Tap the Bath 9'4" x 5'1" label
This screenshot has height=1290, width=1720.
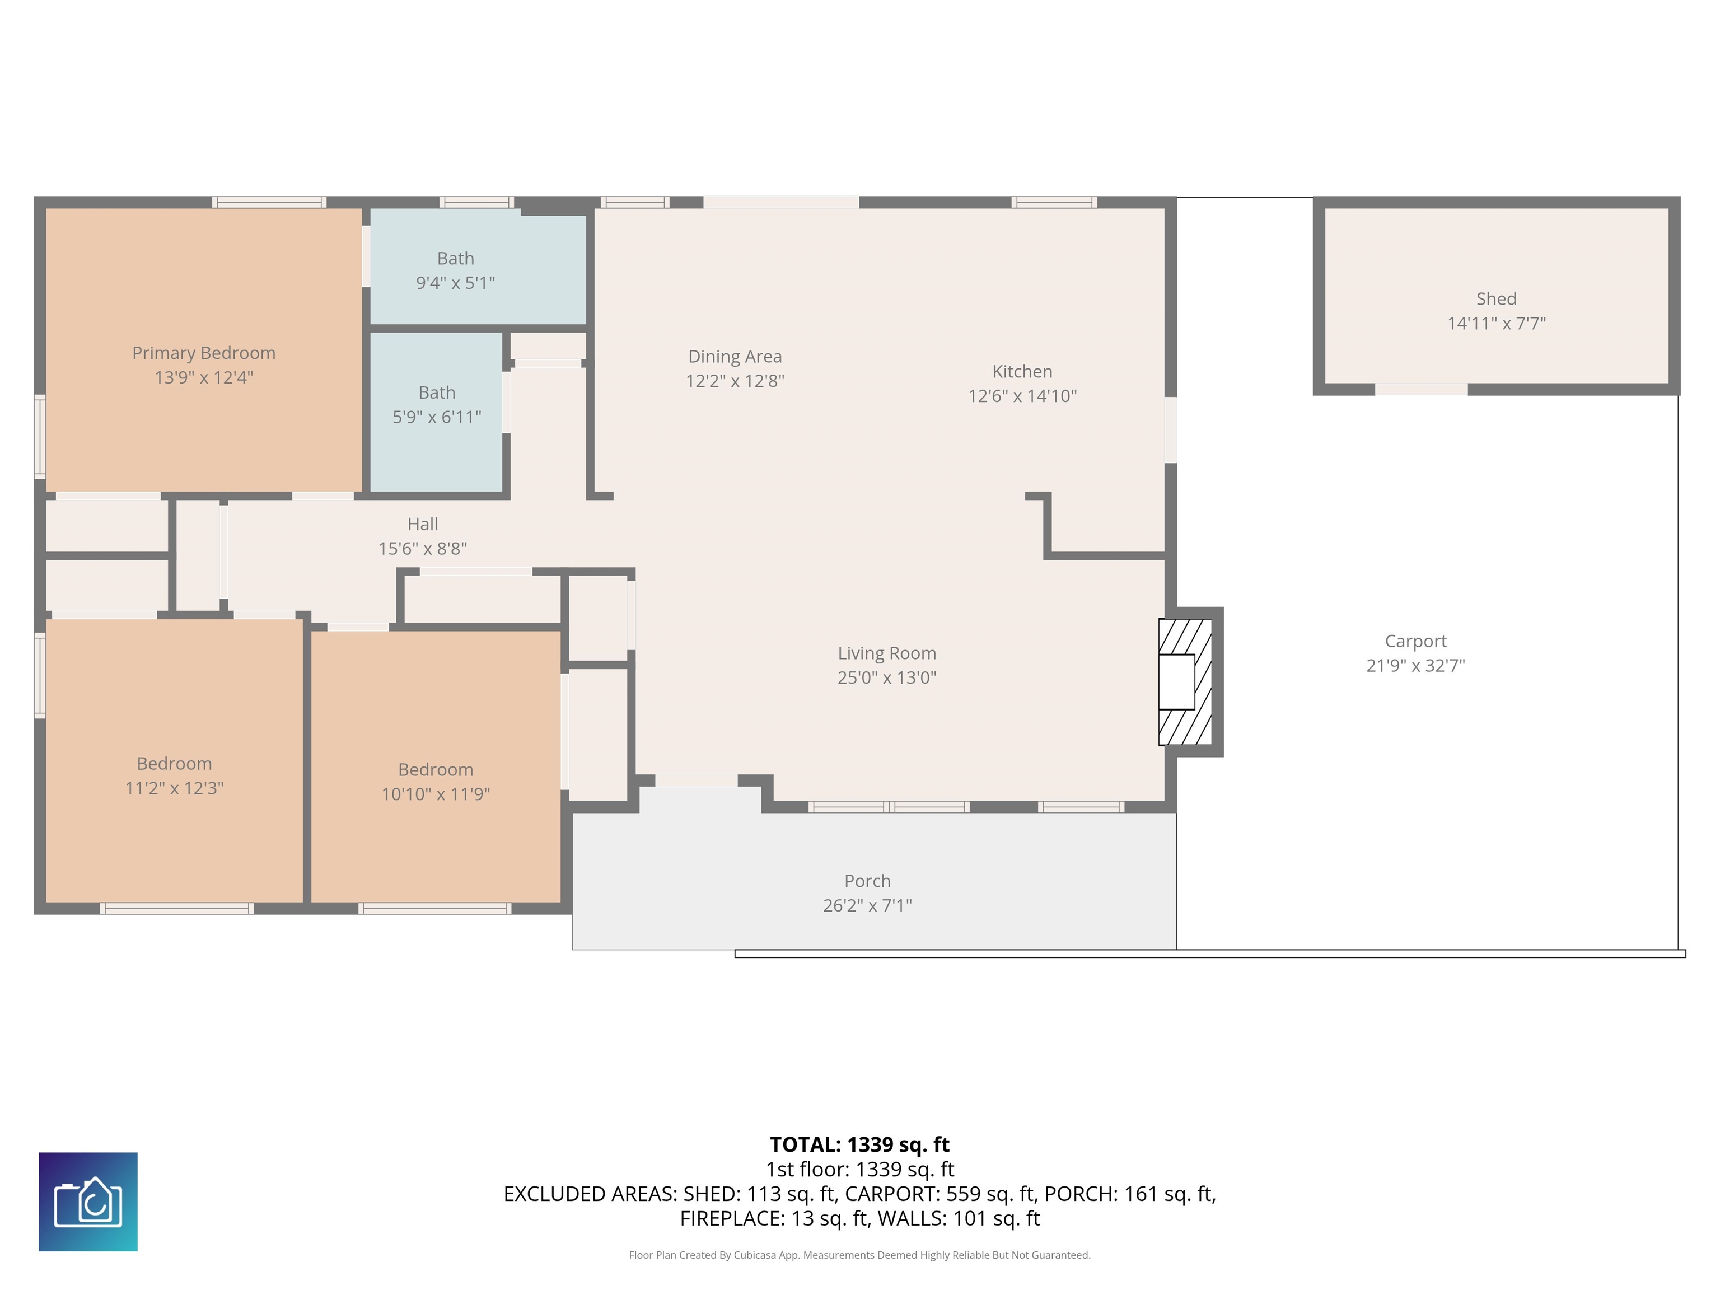tap(456, 270)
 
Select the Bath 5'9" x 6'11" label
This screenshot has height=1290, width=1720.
tap(437, 404)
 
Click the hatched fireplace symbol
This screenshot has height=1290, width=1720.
tap(1185, 682)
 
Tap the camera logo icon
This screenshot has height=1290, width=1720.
tap(88, 1202)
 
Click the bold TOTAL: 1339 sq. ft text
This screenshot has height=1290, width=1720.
tap(859, 1144)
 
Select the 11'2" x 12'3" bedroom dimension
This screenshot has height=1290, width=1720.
tap(174, 788)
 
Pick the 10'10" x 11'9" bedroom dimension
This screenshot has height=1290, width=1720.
tap(436, 794)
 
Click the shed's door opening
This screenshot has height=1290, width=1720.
tap(1422, 390)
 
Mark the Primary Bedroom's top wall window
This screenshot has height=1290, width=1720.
tap(269, 202)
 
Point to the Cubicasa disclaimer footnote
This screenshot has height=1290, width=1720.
tap(859, 1255)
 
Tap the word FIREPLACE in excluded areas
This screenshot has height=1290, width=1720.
tap(732, 1218)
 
